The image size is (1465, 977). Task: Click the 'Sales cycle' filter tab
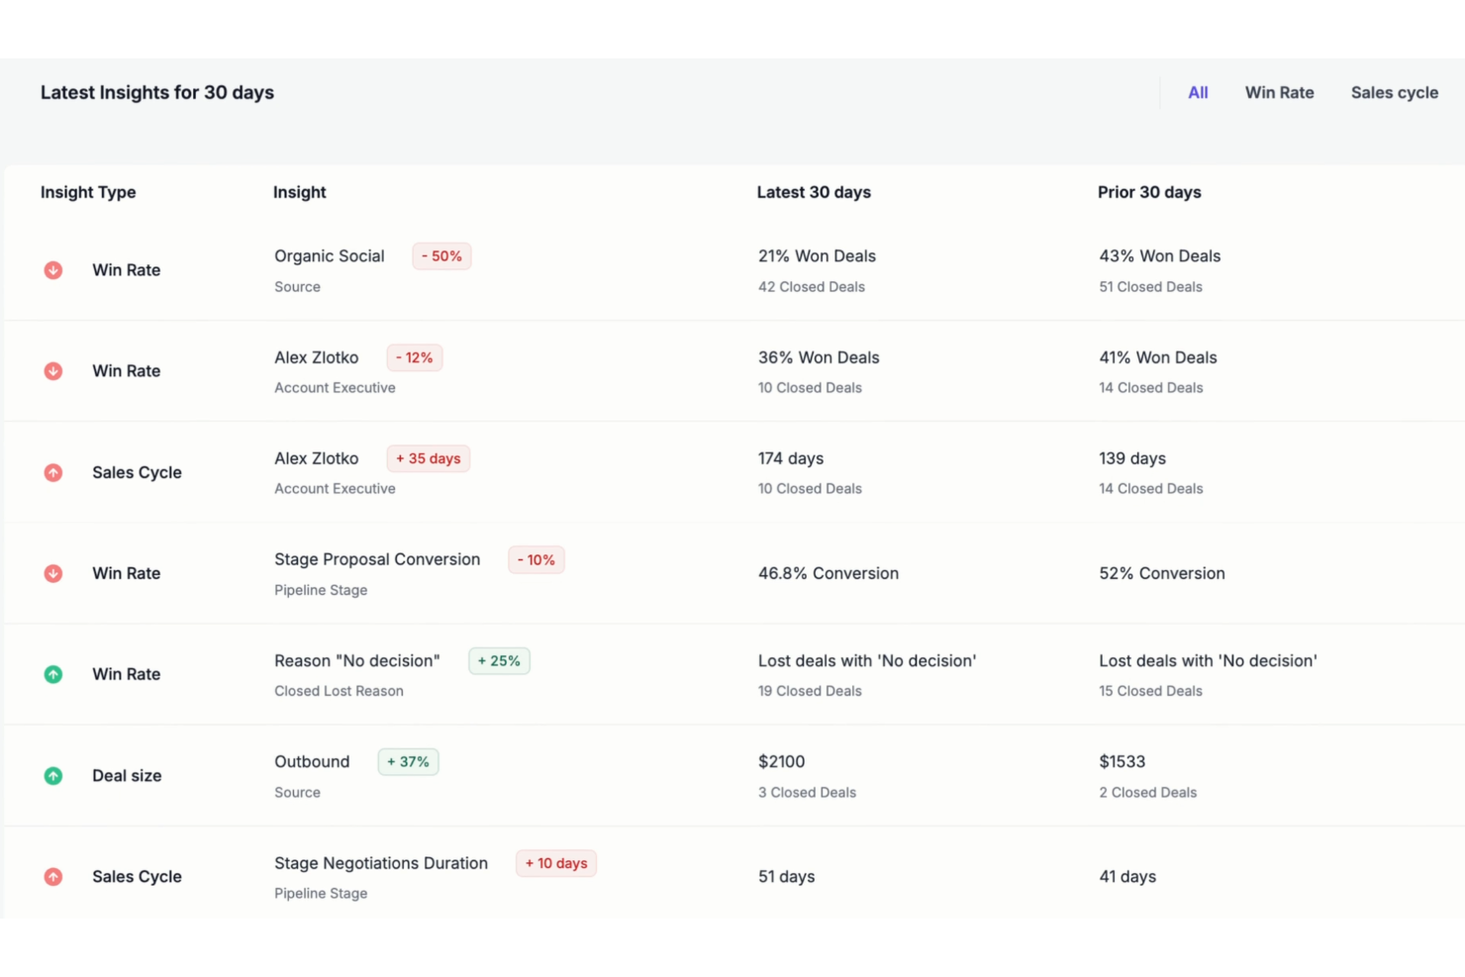coord(1394,92)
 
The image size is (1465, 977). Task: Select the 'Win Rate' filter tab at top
coord(1279,92)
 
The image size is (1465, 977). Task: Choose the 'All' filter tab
coord(1198,92)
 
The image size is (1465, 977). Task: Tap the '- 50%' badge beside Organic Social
coord(441,256)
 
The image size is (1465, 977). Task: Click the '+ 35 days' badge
coord(428,458)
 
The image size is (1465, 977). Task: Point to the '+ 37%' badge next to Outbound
coord(408,762)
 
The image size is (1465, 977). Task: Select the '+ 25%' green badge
coord(499,661)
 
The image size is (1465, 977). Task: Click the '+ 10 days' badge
coord(555,863)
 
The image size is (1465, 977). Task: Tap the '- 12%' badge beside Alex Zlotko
coord(414,357)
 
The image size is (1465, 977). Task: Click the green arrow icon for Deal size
coord(53,776)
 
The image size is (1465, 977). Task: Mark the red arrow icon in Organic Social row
coord(53,270)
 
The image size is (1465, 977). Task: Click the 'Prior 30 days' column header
coord(1148,192)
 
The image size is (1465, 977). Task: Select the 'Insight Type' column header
coord(88,192)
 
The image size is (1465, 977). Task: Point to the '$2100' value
coord(781,762)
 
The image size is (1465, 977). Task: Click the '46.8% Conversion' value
coord(828,573)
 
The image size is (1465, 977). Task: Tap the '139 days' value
coord(1131,458)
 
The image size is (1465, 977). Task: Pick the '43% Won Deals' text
coord(1159,256)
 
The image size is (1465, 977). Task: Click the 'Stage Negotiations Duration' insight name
coord(381,863)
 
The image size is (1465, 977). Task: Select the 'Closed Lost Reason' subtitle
coord(339,691)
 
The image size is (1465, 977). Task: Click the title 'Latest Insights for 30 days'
coord(157,92)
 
